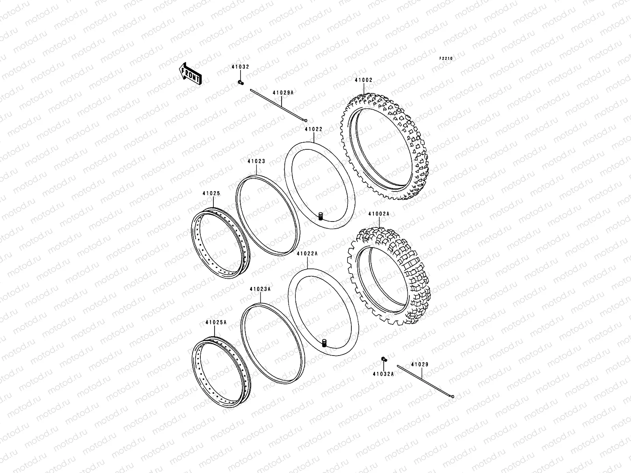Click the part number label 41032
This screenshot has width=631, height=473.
point(240,67)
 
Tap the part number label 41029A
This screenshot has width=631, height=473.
point(283,93)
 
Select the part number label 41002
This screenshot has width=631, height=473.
point(363,80)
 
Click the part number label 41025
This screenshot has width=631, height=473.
point(211,194)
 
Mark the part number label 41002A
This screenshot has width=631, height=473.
point(379,214)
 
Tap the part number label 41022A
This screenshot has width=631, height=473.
point(307,254)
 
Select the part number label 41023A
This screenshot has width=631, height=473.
point(260,289)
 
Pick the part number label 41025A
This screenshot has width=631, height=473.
point(216,322)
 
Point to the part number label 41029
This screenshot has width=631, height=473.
point(420,365)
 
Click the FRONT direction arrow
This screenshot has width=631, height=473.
point(190,73)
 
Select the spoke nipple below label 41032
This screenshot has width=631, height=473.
point(240,82)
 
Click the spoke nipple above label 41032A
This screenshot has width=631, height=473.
point(383,359)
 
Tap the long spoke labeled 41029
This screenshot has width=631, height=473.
point(426,382)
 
